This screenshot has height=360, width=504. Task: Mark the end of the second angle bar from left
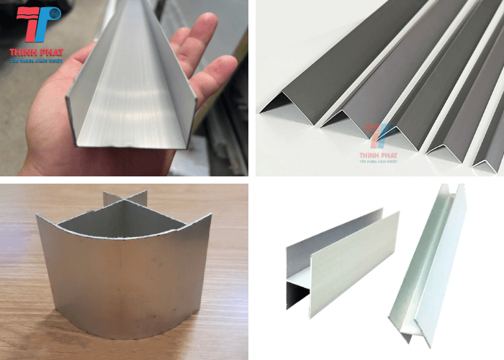tap(338, 119)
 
